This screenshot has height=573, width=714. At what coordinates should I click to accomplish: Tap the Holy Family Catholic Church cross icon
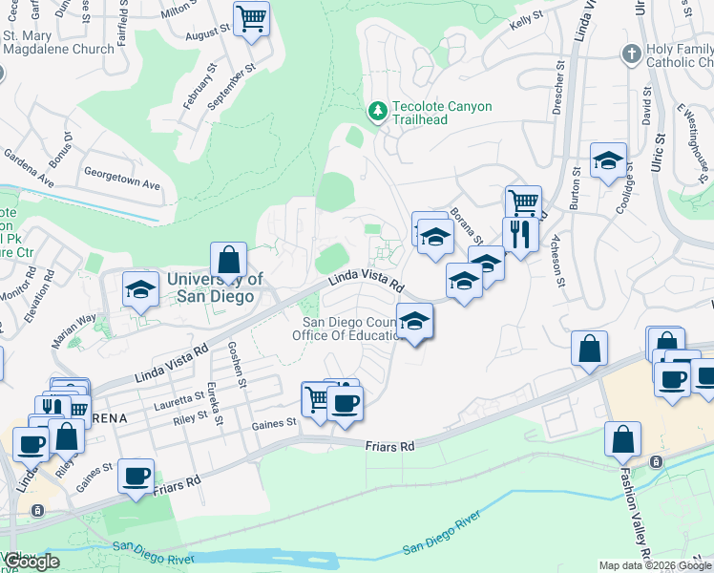[x=631, y=53]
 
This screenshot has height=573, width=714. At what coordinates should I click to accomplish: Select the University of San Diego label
[x=210, y=287]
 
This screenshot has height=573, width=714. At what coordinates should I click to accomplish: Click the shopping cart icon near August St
[x=251, y=18]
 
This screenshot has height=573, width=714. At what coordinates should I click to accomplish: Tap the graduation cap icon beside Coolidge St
[x=607, y=161]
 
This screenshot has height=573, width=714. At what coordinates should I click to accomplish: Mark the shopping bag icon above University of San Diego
[x=229, y=260]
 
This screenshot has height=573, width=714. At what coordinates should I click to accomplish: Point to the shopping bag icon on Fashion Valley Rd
[x=622, y=440]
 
